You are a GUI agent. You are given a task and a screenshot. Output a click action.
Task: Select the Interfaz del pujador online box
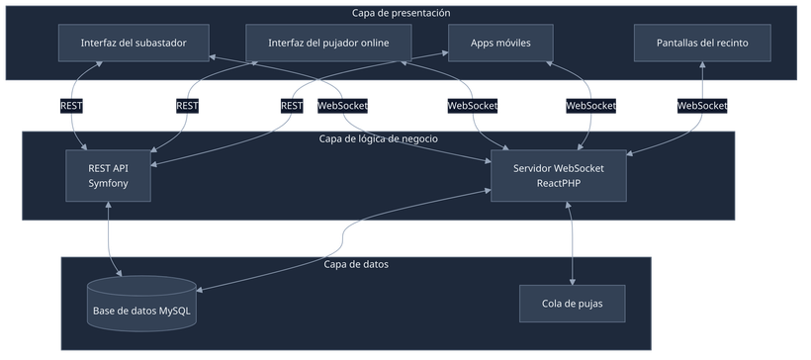click(x=328, y=43)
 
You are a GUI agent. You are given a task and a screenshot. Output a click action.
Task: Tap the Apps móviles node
click(x=499, y=43)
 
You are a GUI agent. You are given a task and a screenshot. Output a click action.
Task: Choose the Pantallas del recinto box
click(x=702, y=43)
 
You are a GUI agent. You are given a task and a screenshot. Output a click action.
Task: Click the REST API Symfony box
click(x=109, y=176)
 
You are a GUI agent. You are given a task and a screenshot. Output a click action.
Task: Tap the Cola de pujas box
click(x=573, y=303)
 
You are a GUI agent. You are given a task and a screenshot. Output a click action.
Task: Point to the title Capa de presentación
click(x=401, y=13)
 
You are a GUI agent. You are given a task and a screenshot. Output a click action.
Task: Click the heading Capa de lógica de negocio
click(x=378, y=138)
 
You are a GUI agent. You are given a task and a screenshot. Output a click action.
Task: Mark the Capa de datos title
click(x=356, y=264)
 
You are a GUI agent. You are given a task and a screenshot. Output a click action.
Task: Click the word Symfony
click(x=109, y=184)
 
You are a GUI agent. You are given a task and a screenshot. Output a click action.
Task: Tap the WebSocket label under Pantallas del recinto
click(x=702, y=105)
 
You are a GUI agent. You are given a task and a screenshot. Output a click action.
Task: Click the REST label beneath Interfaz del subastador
click(x=71, y=105)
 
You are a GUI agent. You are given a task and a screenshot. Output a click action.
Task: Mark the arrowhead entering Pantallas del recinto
click(x=702, y=66)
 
